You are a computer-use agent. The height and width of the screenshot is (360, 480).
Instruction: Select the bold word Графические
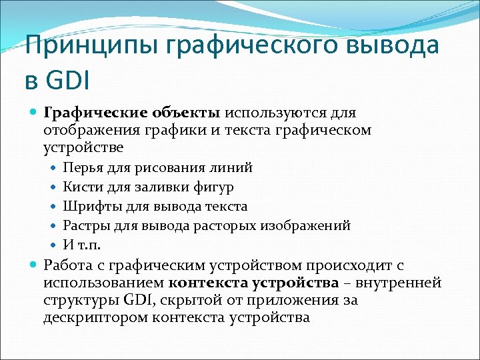coord(91,112)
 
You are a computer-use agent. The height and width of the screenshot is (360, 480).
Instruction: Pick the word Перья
coord(81,167)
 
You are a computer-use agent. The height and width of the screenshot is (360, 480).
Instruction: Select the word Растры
coord(85,225)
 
